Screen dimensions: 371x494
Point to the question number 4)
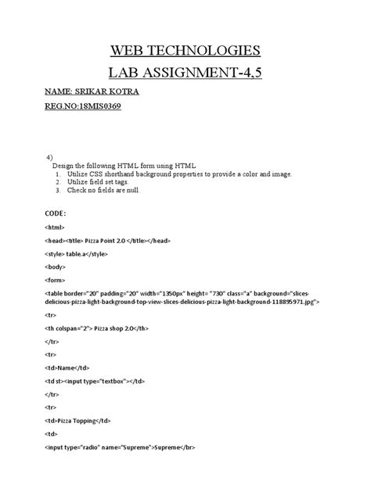pos(51,157)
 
